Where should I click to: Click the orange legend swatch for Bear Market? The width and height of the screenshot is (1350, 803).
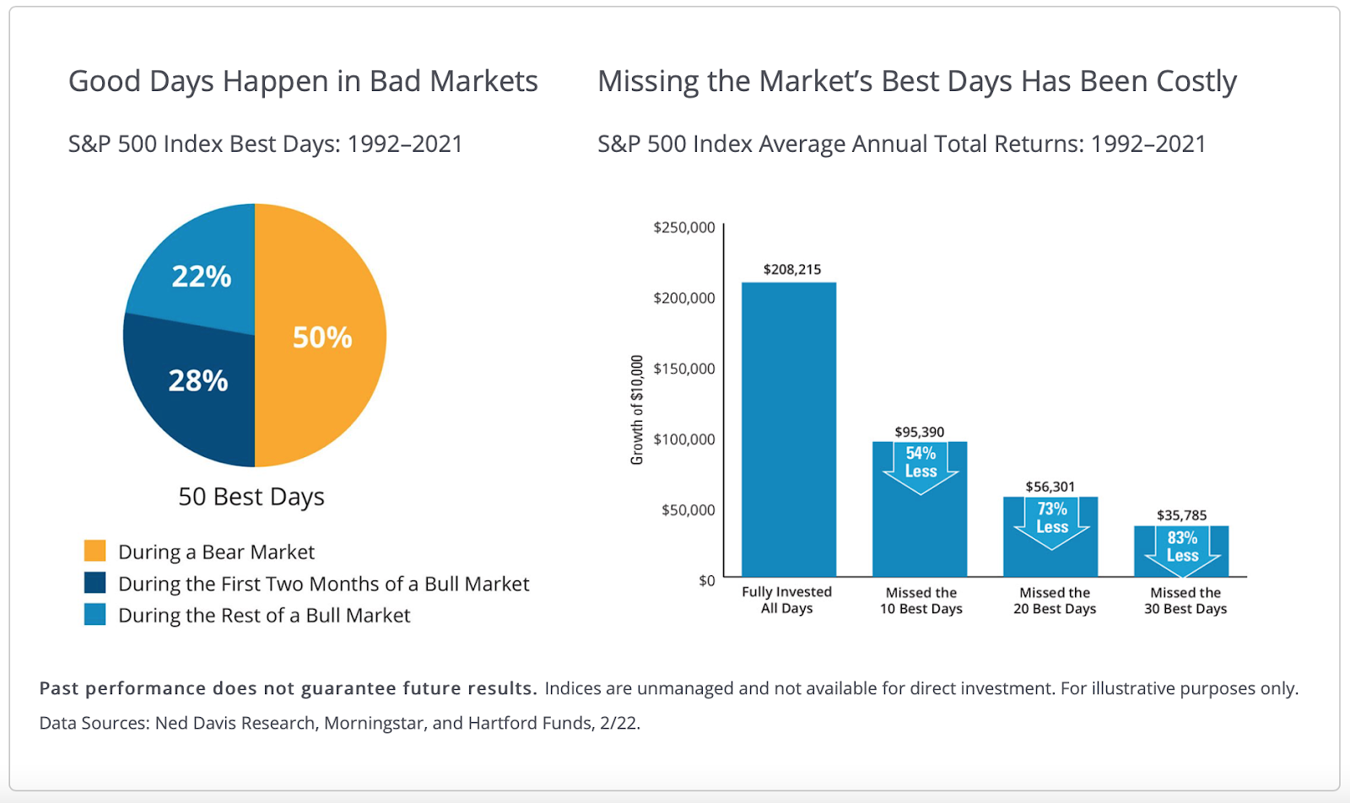(x=95, y=551)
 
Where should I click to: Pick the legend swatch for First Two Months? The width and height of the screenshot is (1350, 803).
(x=95, y=583)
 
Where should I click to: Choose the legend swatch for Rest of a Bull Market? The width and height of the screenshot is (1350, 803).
(x=95, y=614)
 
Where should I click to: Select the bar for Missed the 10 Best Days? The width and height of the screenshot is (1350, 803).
(x=920, y=531)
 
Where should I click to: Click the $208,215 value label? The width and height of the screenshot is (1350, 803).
(x=791, y=269)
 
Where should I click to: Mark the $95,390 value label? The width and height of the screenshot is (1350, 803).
(x=920, y=432)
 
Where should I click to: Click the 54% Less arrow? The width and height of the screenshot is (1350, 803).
(x=921, y=464)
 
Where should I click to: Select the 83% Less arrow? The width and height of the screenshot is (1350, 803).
(x=1182, y=548)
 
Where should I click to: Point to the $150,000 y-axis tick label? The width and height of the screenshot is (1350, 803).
(x=683, y=369)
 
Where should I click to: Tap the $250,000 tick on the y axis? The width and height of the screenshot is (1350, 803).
(x=683, y=228)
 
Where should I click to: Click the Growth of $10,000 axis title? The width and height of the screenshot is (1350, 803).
(x=637, y=410)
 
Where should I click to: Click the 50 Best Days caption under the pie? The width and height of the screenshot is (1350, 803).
(x=251, y=497)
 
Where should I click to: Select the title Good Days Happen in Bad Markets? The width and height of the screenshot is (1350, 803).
(x=303, y=82)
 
